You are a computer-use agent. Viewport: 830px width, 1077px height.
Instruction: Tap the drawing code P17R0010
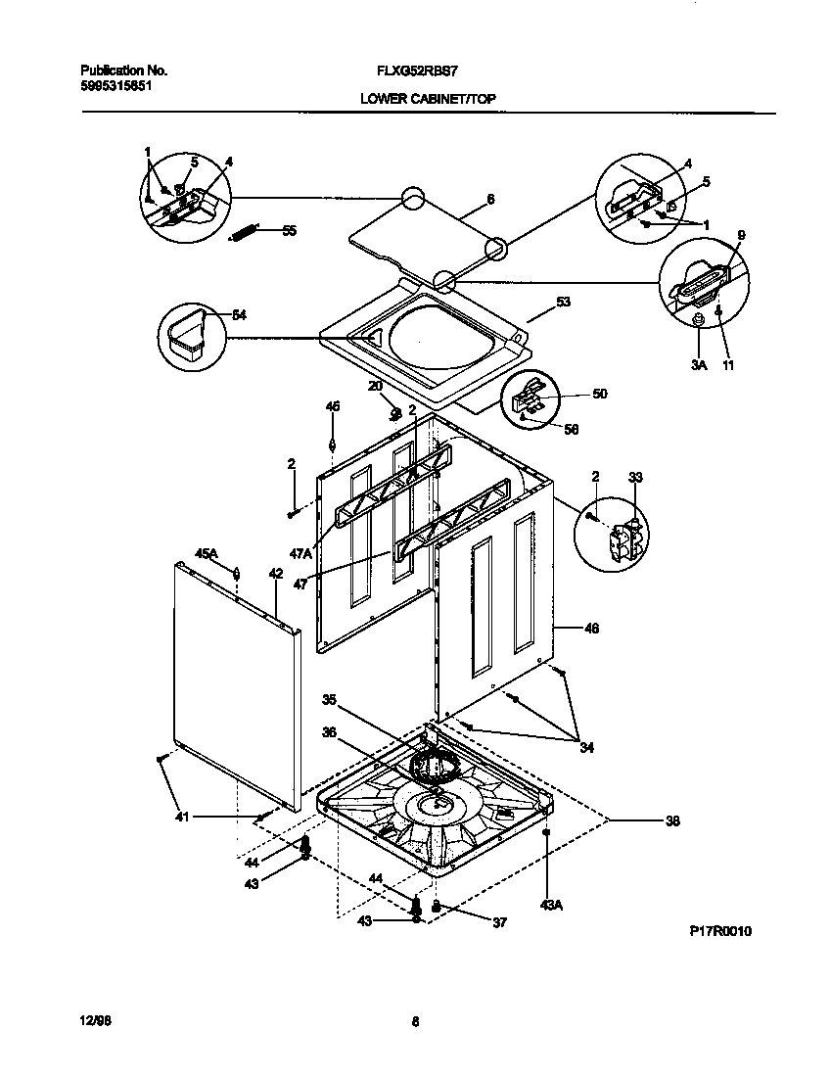pos(720,931)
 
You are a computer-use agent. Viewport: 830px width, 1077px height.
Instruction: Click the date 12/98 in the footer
pos(92,1021)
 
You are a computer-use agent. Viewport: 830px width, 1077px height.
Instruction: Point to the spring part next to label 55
pos(244,233)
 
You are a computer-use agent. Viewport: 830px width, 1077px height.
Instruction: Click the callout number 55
pos(289,231)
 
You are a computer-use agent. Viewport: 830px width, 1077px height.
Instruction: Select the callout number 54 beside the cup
pos(239,314)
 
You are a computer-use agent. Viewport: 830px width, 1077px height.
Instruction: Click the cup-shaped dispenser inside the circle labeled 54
pos(189,333)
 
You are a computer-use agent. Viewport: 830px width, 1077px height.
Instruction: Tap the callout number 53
pos(563,303)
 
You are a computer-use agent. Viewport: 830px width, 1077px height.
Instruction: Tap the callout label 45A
pos(207,554)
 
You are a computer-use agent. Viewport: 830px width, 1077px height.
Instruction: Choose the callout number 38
pos(671,821)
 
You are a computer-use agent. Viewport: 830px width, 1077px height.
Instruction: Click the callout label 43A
pos(551,906)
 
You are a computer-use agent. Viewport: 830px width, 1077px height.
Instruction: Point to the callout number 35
pos(329,700)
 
